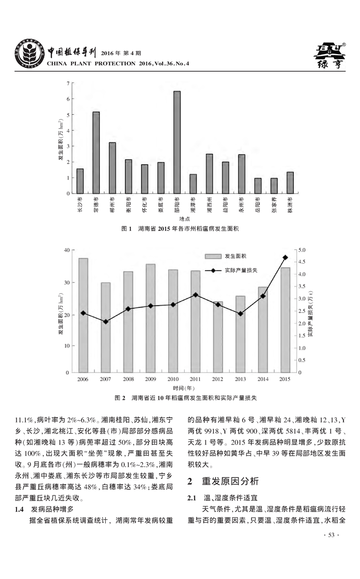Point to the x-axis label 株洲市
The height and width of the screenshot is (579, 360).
click(x=290, y=206)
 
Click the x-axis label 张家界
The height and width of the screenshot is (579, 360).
click(x=274, y=206)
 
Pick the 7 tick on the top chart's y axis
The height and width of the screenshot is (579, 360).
click(x=68, y=83)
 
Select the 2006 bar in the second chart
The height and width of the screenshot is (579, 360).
click(x=83, y=315)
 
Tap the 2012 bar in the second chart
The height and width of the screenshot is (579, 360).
click(x=218, y=337)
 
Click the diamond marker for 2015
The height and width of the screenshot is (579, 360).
click(x=285, y=257)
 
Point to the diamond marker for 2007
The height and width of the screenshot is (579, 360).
click(x=106, y=322)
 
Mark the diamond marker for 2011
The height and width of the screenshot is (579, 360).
click(x=195, y=294)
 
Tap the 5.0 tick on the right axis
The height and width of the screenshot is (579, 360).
click(x=302, y=250)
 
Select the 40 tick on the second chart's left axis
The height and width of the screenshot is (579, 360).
click(x=66, y=250)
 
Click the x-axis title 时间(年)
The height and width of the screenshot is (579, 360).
click(x=184, y=388)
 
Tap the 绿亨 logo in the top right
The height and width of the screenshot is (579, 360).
click(x=330, y=56)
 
